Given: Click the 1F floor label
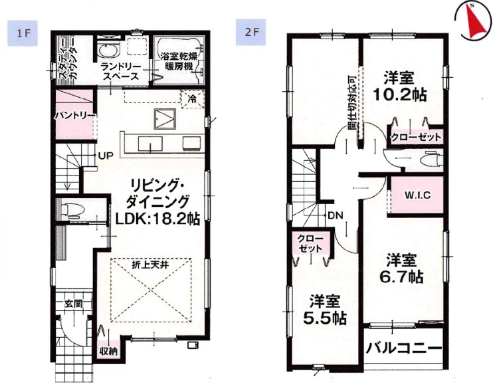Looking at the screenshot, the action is click(x=23, y=33).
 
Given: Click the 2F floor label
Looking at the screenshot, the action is click(x=251, y=32).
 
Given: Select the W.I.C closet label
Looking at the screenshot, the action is click(x=418, y=195).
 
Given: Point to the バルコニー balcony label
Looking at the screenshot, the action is click(x=404, y=349).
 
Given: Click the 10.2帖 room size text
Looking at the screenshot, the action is click(x=400, y=94).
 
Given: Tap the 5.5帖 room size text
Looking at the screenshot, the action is click(x=325, y=319).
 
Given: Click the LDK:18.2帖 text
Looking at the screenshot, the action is click(x=157, y=218).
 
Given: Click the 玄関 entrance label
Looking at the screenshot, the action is click(x=74, y=304).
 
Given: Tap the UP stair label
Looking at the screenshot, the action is click(x=106, y=155).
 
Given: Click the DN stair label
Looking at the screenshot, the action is click(x=336, y=216).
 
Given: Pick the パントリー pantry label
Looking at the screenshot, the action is click(x=75, y=116).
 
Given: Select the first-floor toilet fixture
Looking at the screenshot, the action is click(x=72, y=209).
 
